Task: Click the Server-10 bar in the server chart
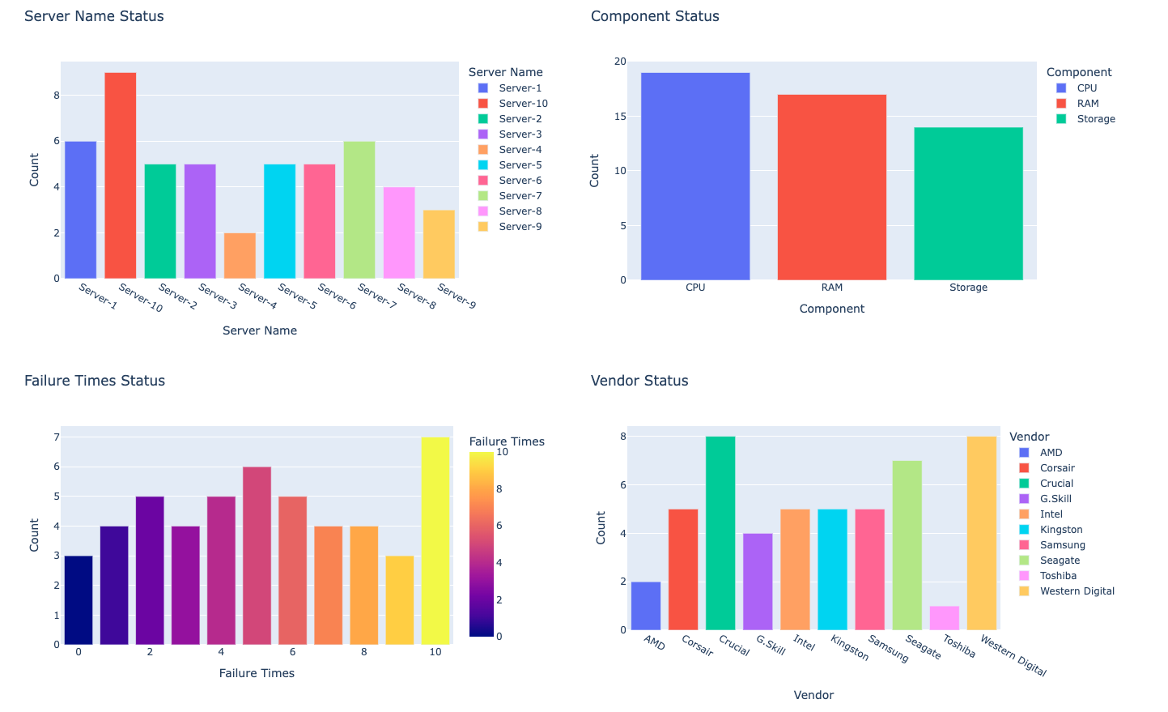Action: coord(120,175)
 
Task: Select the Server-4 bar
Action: coord(240,256)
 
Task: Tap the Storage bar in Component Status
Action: coord(968,203)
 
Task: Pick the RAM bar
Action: coord(831,187)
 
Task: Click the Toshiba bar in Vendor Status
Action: coord(944,618)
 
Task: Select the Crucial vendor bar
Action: coord(720,533)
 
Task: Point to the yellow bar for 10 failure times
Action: coord(435,540)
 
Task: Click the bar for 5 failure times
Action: coord(257,556)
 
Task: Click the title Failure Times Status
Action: coord(95,381)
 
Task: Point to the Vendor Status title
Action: coord(639,381)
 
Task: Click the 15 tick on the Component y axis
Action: coord(620,117)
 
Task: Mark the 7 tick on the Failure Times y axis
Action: coord(57,437)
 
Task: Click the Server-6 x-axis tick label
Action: coord(336,296)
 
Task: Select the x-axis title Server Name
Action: coord(259,330)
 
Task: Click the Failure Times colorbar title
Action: coord(507,441)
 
